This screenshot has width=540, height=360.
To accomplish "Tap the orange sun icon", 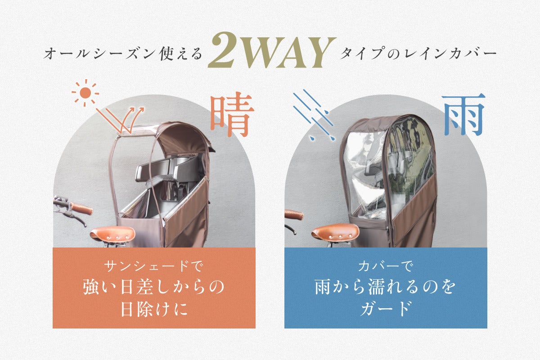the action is (x=85, y=93).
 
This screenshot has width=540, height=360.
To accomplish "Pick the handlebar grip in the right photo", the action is (x=293, y=214).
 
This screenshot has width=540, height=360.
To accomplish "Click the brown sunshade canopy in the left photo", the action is (x=183, y=137).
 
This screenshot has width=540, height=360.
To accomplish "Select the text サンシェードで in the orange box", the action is (x=154, y=266).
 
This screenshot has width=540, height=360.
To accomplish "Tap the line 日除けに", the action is (x=154, y=309).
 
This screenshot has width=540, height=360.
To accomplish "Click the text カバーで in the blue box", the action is (x=386, y=266).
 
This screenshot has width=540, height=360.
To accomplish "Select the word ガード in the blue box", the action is (x=386, y=309).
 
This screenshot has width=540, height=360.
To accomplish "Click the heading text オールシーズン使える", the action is (x=122, y=54).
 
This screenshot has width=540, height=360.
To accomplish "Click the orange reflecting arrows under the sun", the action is (x=120, y=120).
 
